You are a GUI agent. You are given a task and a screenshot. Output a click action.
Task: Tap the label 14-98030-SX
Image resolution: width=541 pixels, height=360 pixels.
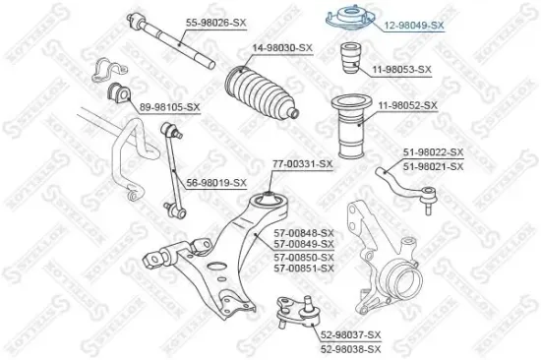282,47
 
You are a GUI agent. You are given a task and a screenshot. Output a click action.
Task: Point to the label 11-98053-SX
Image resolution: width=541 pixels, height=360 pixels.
401,69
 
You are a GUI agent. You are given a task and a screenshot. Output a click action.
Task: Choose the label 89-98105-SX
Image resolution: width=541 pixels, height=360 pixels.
169,106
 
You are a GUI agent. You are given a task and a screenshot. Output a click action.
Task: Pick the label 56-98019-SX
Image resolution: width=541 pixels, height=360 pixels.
215,182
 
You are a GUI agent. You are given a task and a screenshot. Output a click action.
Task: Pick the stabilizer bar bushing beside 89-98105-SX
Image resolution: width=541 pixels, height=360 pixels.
115,97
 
